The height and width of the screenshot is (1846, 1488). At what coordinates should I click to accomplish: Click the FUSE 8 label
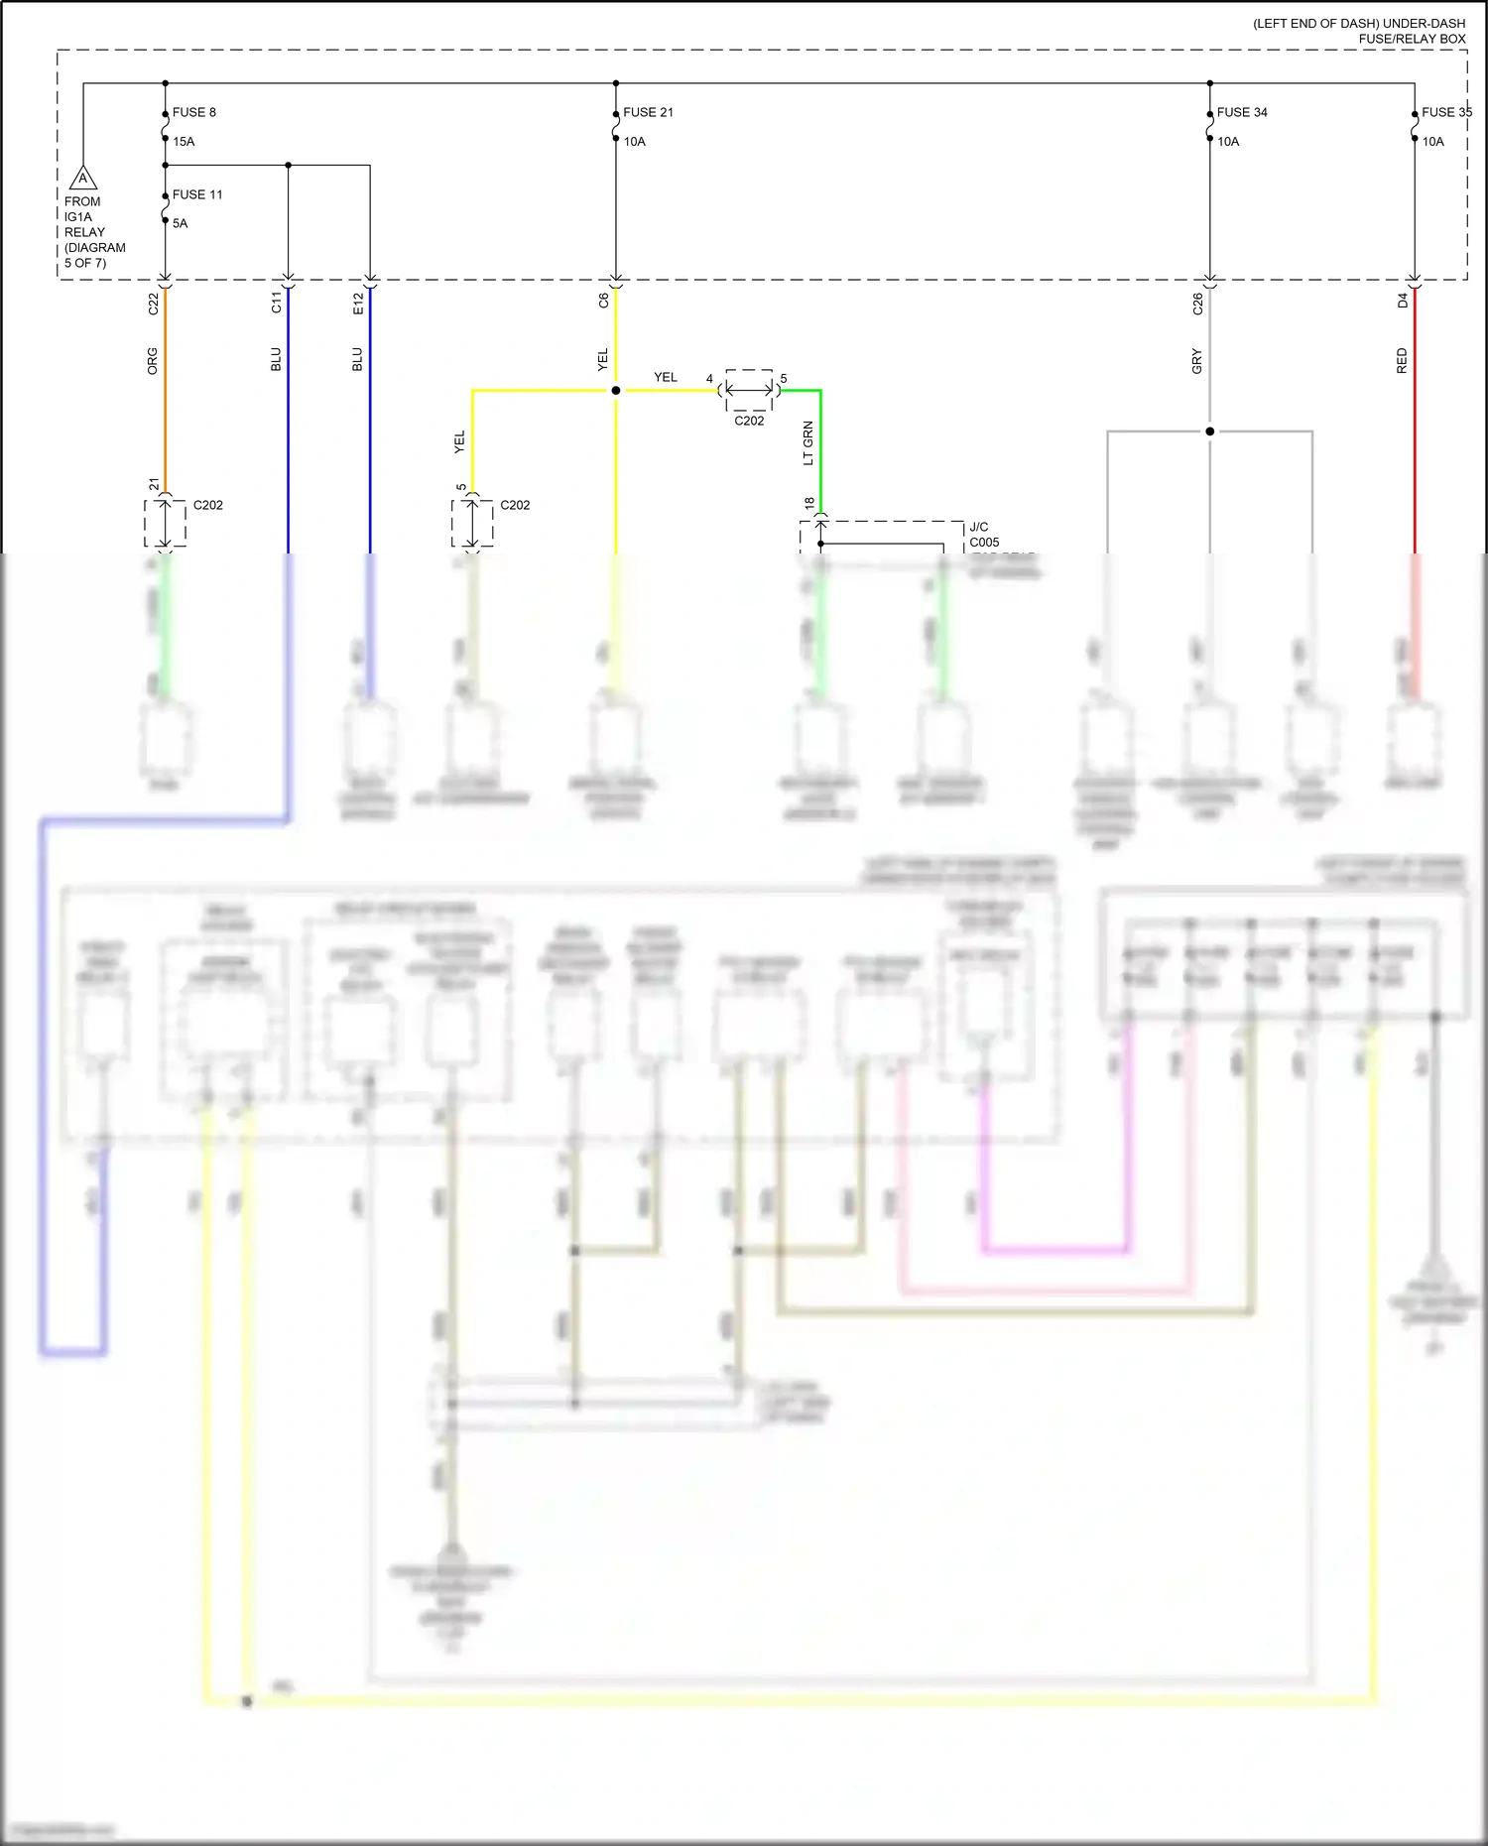coord(193,112)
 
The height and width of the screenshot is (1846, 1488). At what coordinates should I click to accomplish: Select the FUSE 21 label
coord(648,112)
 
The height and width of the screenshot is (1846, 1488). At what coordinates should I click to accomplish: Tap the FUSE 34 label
coord(1242,112)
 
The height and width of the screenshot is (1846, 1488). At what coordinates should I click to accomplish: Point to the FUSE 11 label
coord(197,194)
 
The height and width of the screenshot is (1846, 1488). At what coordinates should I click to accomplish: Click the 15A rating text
coord(184,142)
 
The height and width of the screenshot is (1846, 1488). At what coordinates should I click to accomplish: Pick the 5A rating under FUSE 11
coord(180,223)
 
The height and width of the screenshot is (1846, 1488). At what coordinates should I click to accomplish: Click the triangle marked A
coord(83,180)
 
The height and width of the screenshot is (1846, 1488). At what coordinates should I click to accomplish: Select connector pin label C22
coord(153,304)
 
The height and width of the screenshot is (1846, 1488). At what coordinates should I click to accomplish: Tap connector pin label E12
coord(358,304)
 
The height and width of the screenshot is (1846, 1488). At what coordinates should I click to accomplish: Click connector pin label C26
coord(1197,304)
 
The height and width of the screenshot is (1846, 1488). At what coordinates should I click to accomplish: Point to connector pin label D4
coord(1403,301)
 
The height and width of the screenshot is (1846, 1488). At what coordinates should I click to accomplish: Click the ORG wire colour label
coord(153,361)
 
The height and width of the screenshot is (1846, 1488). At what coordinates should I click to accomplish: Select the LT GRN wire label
coord(807,443)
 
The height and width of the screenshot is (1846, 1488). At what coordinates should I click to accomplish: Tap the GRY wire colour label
coord(1197,361)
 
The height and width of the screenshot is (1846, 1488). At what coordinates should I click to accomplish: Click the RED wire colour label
coord(1402,361)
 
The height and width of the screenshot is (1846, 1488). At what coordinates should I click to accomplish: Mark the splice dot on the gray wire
coord(1210,431)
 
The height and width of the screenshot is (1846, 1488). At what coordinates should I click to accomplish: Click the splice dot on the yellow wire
coord(616,391)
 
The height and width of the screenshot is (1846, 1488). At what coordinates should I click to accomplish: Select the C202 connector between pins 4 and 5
coord(749,392)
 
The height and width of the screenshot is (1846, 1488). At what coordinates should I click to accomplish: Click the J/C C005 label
coord(984,535)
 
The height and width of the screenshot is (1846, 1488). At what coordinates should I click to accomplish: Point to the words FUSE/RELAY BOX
coord(1412,39)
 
